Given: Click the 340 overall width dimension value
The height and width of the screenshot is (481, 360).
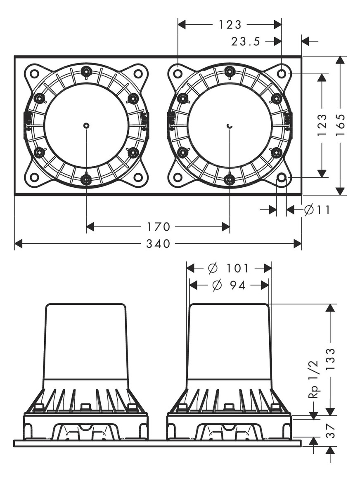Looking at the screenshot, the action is (x=158, y=244).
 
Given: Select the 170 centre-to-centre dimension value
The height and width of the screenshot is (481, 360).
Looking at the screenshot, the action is (x=158, y=227).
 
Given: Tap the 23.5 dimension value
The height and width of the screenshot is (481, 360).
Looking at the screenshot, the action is (x=246, y=41).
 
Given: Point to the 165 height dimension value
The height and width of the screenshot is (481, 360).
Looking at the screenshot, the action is (x=340, y=125).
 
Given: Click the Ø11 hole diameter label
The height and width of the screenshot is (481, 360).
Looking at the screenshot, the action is (x=317, y=210).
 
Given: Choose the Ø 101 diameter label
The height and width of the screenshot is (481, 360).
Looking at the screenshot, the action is (x=228, y=269).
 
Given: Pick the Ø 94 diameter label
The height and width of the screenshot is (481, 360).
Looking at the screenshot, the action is (x=229, y=285).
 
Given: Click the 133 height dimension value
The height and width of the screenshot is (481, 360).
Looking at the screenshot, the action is (x=330, y=360).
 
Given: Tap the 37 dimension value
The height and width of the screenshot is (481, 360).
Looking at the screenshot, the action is (x=330, y=431).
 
